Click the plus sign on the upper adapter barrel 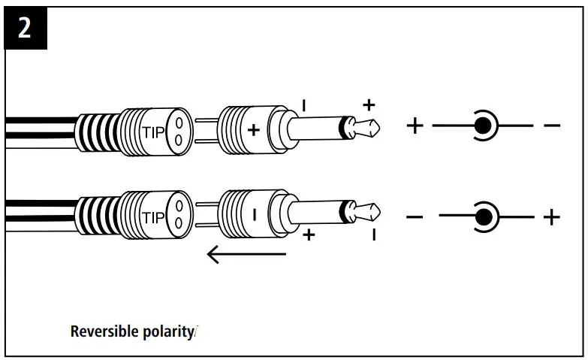click(x=254, y=129)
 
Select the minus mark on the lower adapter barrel click(x=254, y=215)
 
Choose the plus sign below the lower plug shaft click(x=307, y=236)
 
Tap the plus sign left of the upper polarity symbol click(x=415, y=124)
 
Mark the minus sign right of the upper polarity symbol click(x=552, y=125)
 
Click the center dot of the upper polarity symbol click(x=481, y=124)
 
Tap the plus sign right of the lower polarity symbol click(x=552, y=218)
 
